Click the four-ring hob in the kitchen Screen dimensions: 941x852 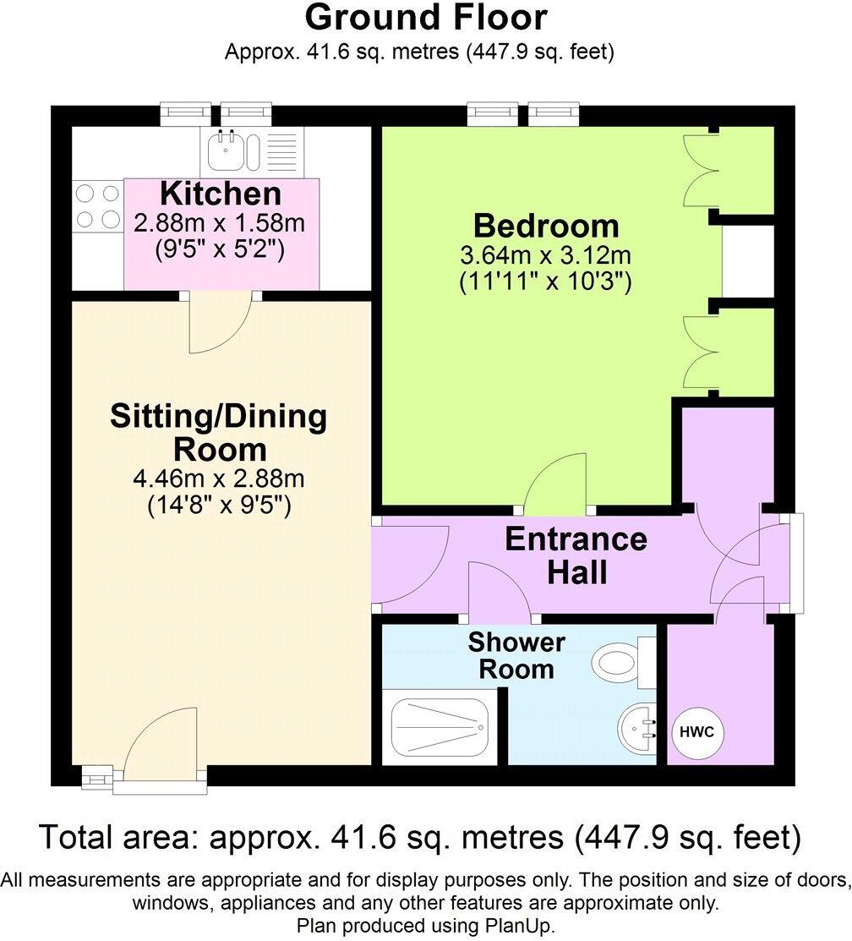click(x=97, y=207)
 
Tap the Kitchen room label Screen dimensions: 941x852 click(x=221, y=194)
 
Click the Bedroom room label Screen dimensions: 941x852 click(x=545, y=227)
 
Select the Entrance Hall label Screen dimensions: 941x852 click(x=576, y=555)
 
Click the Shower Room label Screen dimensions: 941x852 click(x=516, y=655)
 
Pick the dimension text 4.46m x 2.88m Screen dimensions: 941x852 click(x=218, y=479)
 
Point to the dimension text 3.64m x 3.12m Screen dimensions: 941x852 click(x=545, y=255)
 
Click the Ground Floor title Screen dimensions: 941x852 click(x=426, y=18)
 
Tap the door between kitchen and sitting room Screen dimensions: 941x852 click(x=220, y=326)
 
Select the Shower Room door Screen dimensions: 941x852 click(x=499, y=590)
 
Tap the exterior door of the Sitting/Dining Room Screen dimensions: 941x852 click(x=161, y=744)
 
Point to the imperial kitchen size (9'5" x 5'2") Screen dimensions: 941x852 click(x=221, y=249)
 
